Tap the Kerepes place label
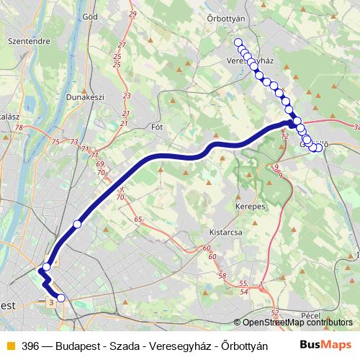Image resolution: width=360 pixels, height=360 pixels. coord(249,206)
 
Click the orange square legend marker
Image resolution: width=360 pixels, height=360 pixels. coord(9,346)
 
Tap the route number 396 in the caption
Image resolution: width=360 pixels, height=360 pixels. coord(30,346)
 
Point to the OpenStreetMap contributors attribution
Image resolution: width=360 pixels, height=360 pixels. coord(296,323)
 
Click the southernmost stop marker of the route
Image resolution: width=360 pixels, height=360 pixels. coord(61,297)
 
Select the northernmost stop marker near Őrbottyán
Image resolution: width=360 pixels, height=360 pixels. coord(238,43)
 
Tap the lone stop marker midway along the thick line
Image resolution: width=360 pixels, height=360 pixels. coord(77,225)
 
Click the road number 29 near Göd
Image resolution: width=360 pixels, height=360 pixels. coord(132,14)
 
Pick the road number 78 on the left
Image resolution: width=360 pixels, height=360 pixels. coord(19,127)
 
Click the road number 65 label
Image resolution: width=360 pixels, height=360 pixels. coord(138,218)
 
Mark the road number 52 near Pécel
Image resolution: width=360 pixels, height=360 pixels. coord(275,312)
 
